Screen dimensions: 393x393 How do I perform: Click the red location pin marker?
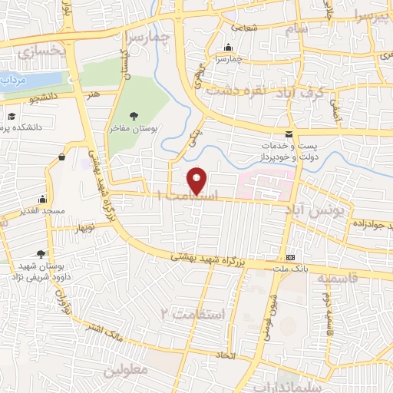pyautogui.click(x=198, y=180)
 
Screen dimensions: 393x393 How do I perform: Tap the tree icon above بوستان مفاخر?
pyautogui.click(x=134, y=116)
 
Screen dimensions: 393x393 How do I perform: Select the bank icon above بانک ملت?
pyautogui.click(x=290, y=257)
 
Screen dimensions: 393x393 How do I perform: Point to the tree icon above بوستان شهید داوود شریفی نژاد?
pyautogui.click(x=40, y=254)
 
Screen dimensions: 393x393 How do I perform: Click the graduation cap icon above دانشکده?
pyautogui.click(x=12, y=116)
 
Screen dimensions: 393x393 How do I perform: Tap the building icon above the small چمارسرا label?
pyautogui.click(x=228, y=47)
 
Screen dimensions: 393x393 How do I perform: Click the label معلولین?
pyautogui.click(x=124, y=370)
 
